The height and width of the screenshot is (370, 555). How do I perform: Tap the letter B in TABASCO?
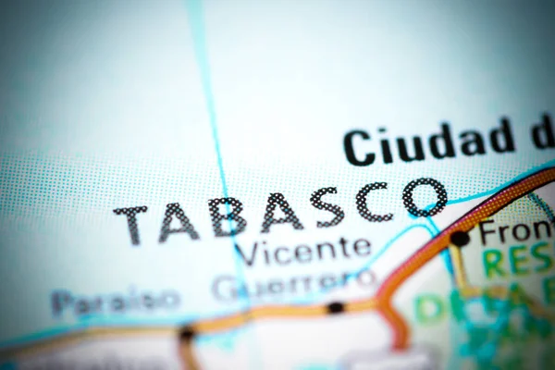point(227,216)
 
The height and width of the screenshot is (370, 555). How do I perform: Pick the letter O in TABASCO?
point(425,196)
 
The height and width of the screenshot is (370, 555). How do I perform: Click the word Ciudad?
point(429,142)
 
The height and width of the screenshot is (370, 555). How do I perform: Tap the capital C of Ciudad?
point(360,148)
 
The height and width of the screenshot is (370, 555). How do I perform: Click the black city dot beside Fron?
point(460,239)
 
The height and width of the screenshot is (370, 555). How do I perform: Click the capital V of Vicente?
point(246,253)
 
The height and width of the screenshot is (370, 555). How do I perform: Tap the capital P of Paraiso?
point(60,302)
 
